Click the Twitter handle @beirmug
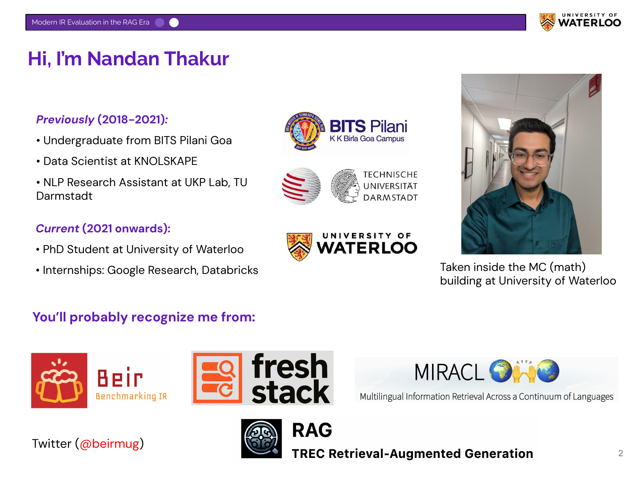click(109, 444)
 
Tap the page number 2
click(620, 453)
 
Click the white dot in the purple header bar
click(174, 22)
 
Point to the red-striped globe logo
click(301, 186)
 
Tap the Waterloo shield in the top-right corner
click(547, 22)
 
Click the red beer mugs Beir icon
click(59, 380)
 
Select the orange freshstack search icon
click(218, 378)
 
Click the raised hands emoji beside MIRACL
click(524, 372)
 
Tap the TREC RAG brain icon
click(261, 438)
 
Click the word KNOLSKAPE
click(166, 161)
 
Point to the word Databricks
click(230, 270)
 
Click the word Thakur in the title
click(197, 59)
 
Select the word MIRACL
click(449, 372)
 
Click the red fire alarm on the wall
click(594, 86)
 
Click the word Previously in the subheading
click(65, 120)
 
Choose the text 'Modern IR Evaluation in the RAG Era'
click(90, 22)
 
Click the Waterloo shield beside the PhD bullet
click(299, 246)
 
